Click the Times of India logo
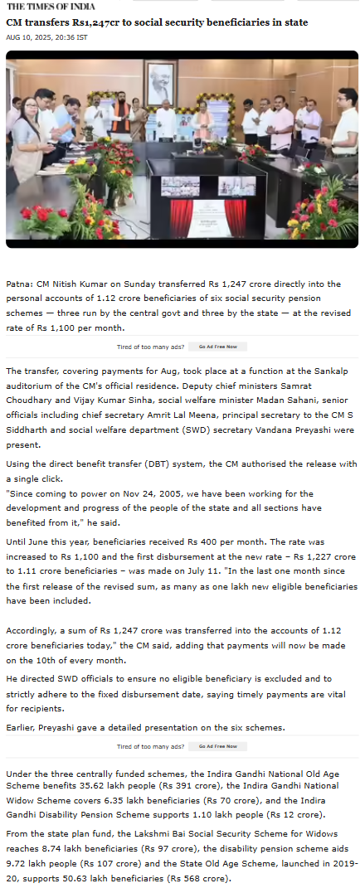click(x=51, y=6)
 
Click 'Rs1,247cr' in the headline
click(x=92, y=22)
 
